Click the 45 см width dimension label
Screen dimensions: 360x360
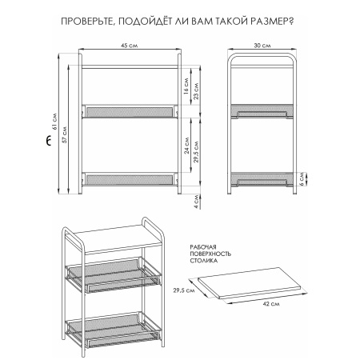click(x=130, y=46)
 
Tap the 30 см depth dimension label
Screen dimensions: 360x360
click(x=262, y=46)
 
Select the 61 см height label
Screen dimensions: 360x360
click(x=54, y=122)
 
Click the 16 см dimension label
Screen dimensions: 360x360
click(x=186, y=86)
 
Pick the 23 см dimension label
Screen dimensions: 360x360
click(x=196, y=91)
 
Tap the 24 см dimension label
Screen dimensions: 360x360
click(x=186, y=146)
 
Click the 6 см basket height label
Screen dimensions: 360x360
click(x=302, y=178)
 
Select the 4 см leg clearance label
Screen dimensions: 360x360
click(x=196, y=202)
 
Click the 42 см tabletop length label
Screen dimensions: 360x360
click(x=271, y=304)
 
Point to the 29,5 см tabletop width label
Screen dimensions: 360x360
click(x=184, y=290)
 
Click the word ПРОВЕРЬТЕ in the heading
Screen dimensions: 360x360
click(x=86, y=22)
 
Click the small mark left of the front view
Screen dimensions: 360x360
click(x=48, y=141)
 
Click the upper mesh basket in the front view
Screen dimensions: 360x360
click(x=130, y=111)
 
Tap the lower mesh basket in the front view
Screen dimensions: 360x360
click(x=130, y=179)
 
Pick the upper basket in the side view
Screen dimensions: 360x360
click(x=262, y=111)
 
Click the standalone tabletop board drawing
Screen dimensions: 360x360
click(x=250, y=282)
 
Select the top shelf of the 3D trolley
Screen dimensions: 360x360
click(x=118, y=239)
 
